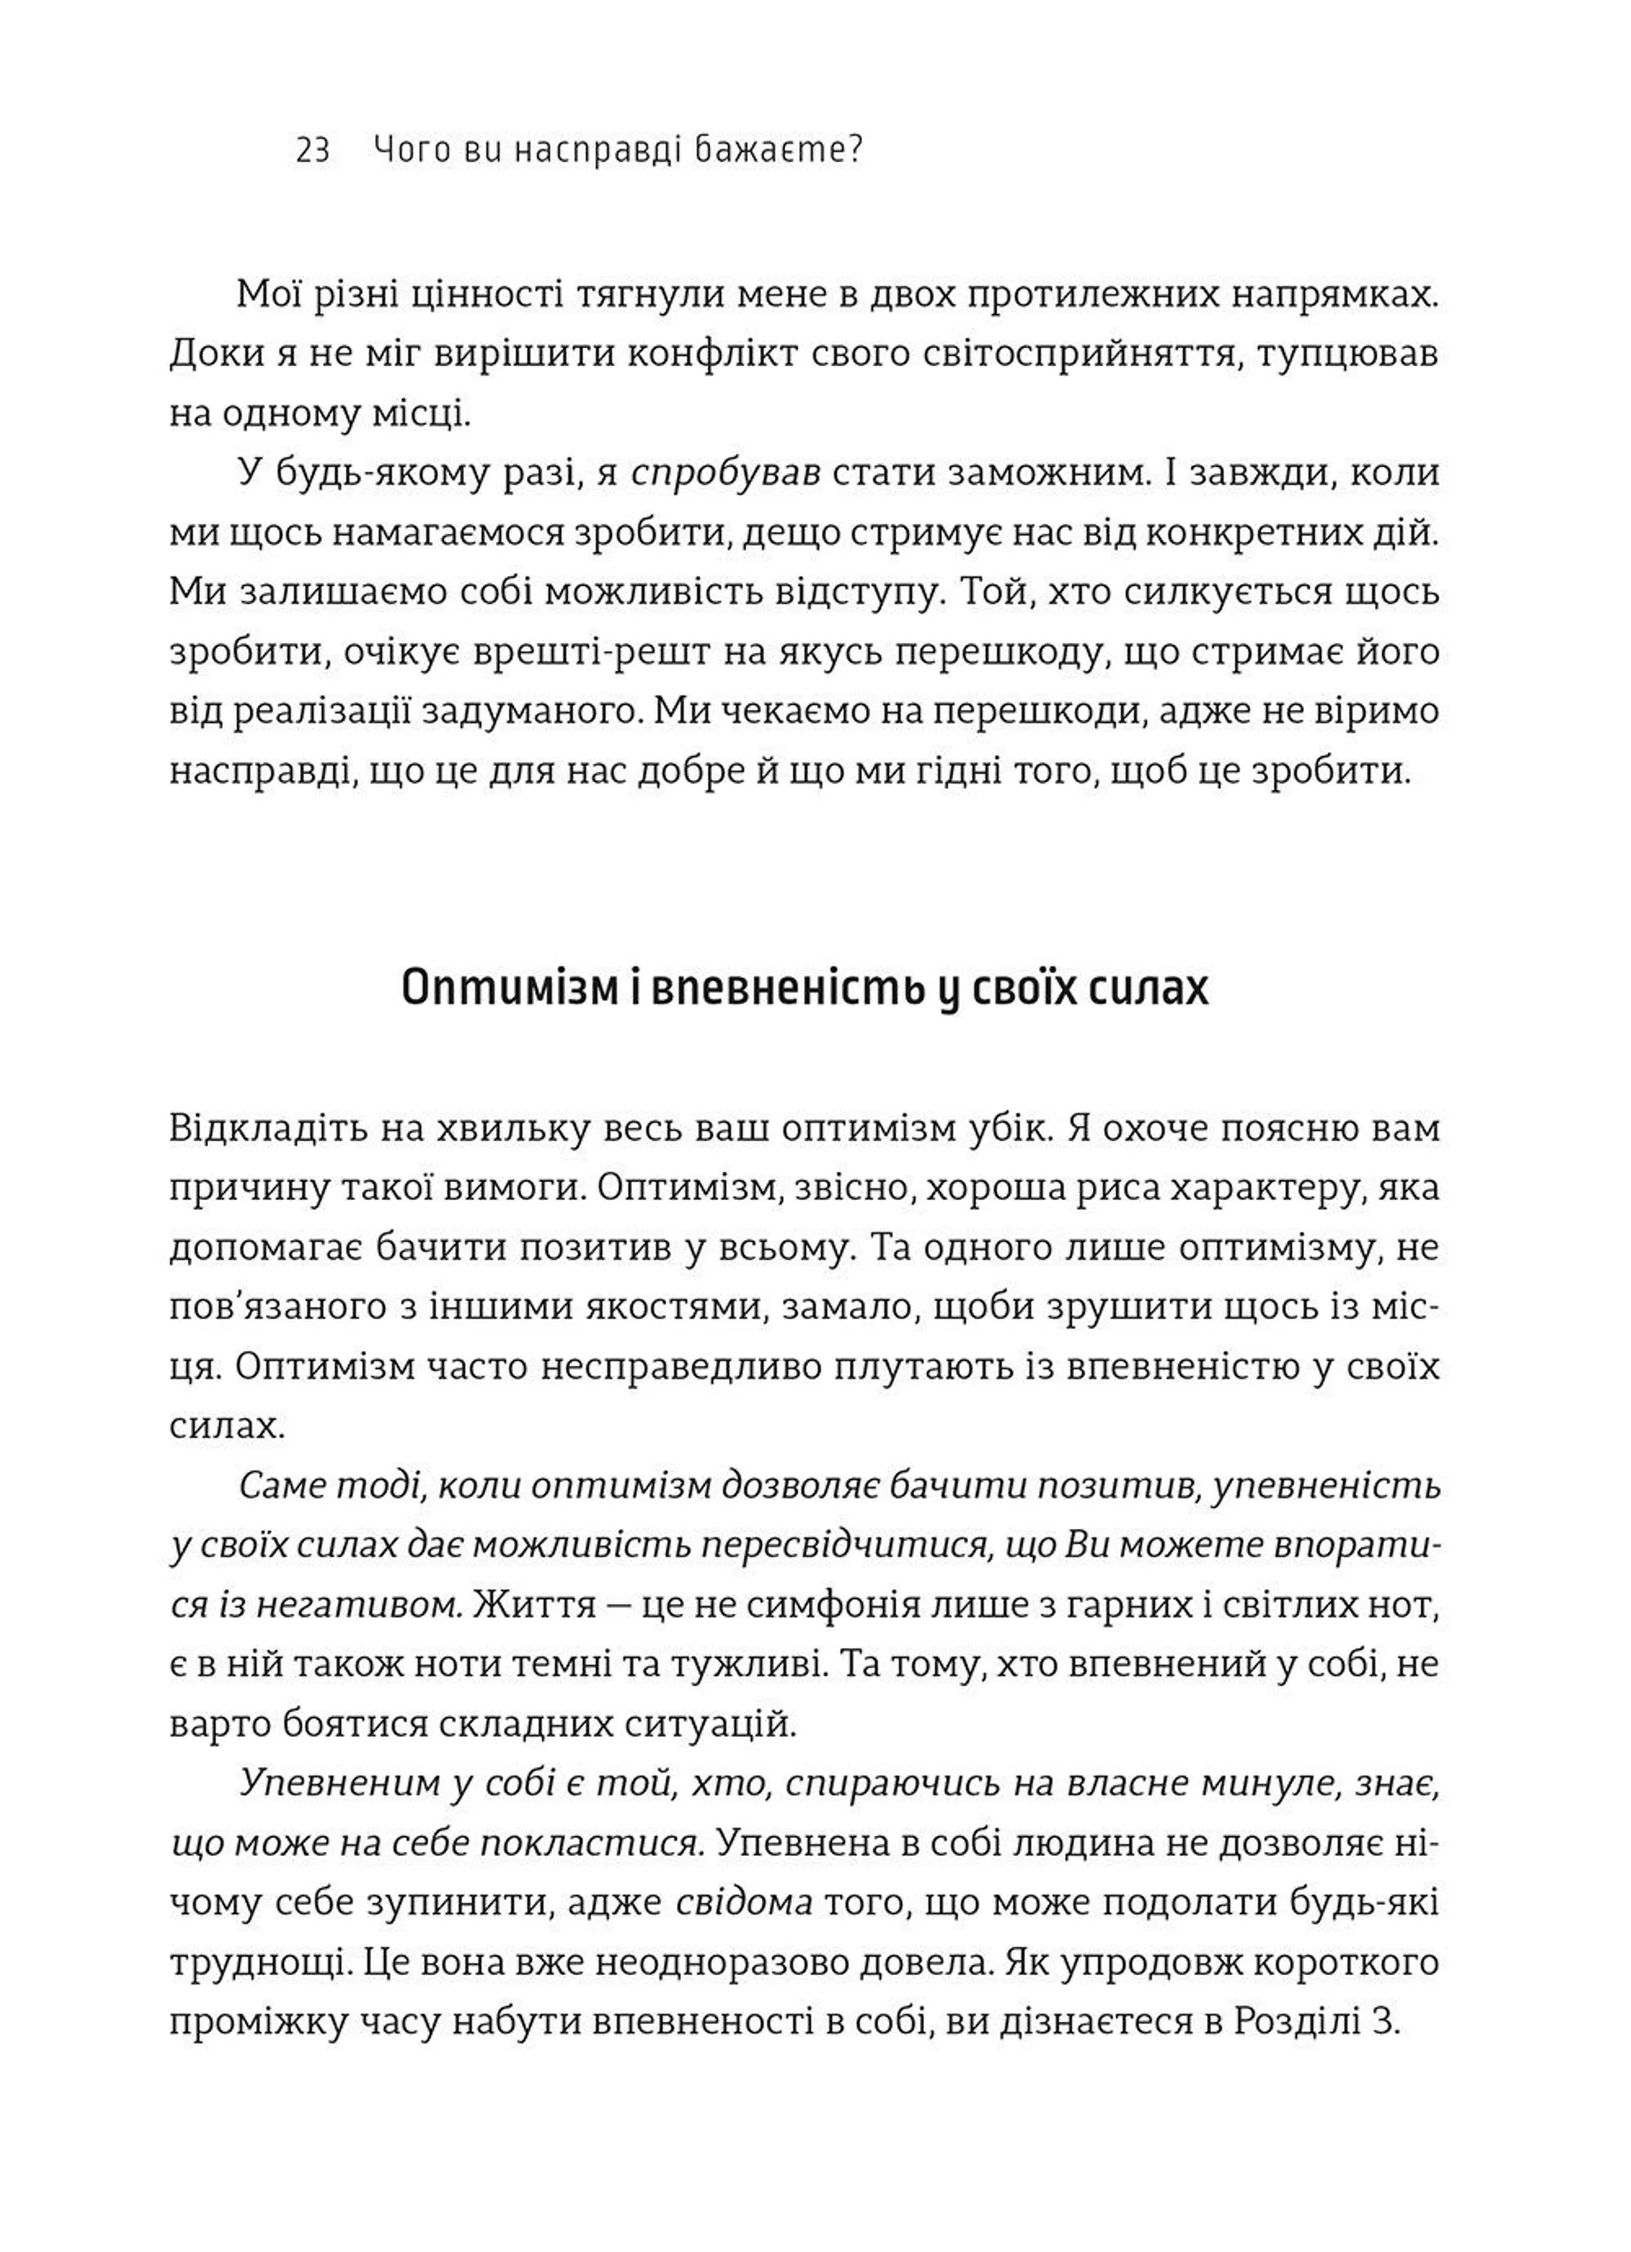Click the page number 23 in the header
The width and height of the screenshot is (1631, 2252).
pos(313,151)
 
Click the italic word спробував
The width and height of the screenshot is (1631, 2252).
pos(725,473)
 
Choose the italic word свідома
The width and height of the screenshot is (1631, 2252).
pos(743,1904)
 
